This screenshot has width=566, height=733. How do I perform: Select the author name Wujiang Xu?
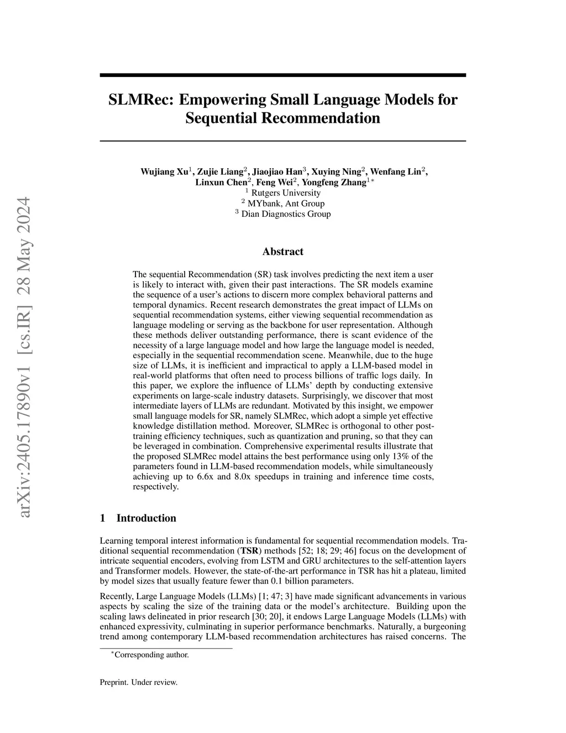pyautogui.click(x=164, y=171)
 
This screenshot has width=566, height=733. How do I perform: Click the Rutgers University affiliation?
pyautogui.click(x=285, y=193)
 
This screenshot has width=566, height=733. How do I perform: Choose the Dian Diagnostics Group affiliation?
pyautogui.click(x=286, y=214)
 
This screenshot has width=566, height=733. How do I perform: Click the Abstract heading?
pyautogui.click(x=282, y=252)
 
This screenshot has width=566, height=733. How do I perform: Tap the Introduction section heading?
pyautogui.click(x=146, y=518)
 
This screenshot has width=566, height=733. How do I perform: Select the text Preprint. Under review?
pyautogui.click(x=138, y=682)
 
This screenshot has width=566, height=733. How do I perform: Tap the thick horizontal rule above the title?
pyautogui.click(x=282, y=75)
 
